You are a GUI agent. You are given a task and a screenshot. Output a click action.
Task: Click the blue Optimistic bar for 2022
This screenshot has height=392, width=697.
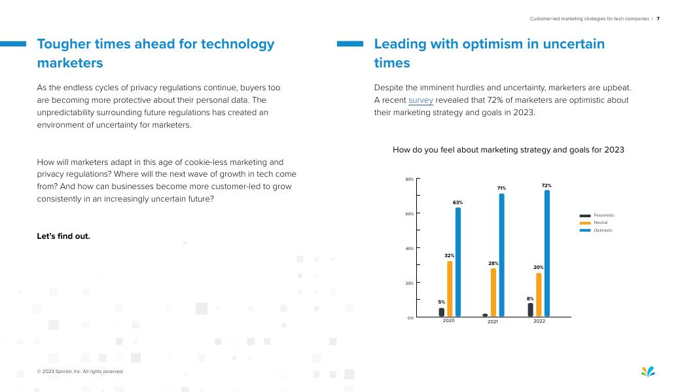pyautogui.click(x=546, y=253)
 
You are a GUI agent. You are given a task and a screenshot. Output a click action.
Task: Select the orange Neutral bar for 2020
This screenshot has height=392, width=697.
pyautogui.click(x=450, y=289)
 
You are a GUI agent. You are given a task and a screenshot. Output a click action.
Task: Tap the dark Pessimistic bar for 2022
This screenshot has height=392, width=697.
pyautogui.click(x=530, y=310)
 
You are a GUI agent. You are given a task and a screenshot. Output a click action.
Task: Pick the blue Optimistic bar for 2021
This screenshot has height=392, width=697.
pyautogui.click(x=501, y=255)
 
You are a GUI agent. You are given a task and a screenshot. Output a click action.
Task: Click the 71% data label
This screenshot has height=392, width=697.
pyautogui.click(x=501, y=188)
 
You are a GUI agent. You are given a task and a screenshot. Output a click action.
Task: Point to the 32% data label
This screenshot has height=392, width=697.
pyautogui.click(x=450, y=255)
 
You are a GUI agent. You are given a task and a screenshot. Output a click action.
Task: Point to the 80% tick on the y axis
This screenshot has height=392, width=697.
pyautogui.click(x=409, y=179)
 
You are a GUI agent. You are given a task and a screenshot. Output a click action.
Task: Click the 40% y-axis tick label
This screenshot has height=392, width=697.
pyautogui.click(x=409, y=249)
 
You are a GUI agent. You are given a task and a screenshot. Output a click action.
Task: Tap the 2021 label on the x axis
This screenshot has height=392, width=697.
pyautogui.click(x=493, y=321)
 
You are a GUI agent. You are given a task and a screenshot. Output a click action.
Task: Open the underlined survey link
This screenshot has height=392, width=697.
pyautogui.click(x=420, y=100)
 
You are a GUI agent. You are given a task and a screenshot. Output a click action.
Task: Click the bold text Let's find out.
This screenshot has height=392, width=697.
pyautogui.click(x=63, y=236)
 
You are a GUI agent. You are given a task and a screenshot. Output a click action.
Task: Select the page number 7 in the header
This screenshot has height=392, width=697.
pyautogui.click(x=658, y=19)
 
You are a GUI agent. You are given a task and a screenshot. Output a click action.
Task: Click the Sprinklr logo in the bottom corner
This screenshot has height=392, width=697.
pyautogui.click(x=647, y=372)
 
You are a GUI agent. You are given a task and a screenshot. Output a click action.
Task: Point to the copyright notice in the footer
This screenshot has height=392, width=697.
pyautogui.click(x=80, y=372)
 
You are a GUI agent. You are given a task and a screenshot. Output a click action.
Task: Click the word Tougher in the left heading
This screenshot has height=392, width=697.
pyautogui.click(x=64, y=44)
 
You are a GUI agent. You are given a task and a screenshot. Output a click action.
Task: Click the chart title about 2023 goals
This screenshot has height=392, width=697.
pyautogui.click(x=508, y=150)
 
